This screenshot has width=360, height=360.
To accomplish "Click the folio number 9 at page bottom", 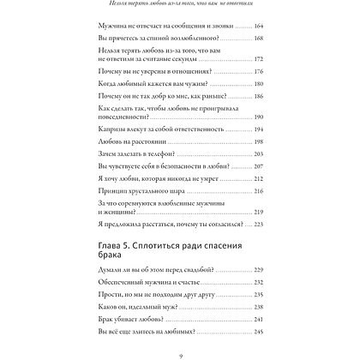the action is [x=179, y=355].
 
